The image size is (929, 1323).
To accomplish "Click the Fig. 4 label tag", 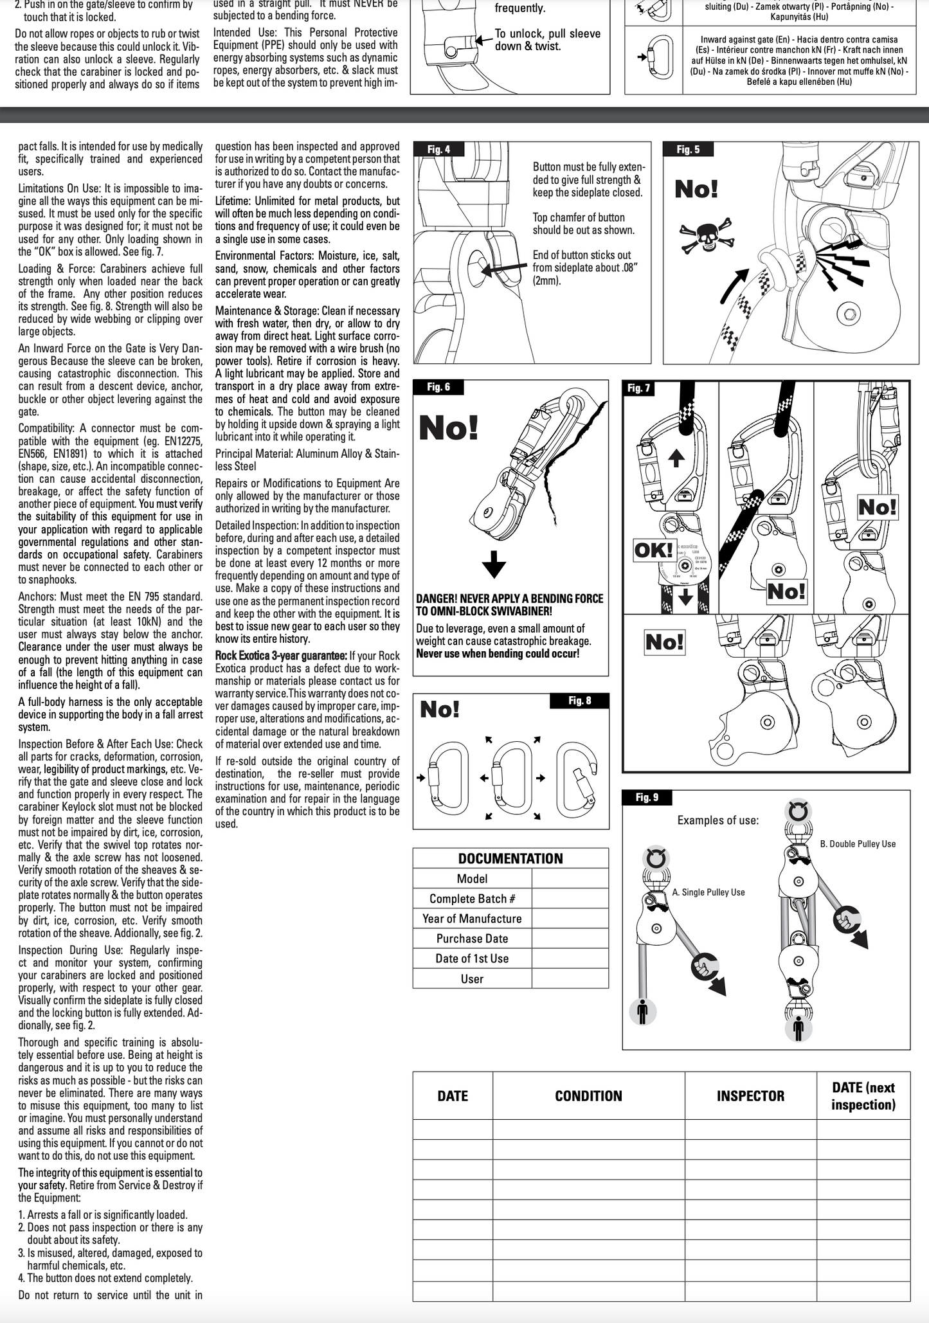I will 439,150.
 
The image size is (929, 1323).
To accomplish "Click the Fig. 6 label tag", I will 439,387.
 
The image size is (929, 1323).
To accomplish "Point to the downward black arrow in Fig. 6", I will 494,564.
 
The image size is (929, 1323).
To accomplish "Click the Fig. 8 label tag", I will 579,701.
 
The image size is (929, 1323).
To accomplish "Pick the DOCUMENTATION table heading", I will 510,859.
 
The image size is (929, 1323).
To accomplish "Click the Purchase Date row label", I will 472,939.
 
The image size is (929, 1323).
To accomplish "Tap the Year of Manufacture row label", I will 472,919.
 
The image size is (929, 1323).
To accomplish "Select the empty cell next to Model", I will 570,879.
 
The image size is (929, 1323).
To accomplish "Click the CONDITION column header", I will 588,1096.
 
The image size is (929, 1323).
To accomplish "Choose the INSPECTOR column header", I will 750,1096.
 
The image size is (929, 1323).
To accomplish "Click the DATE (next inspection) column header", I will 863,1096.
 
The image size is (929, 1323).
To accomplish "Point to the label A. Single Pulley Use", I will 708,892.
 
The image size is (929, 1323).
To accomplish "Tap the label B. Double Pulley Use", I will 858,844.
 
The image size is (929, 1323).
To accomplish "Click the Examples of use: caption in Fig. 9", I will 717,820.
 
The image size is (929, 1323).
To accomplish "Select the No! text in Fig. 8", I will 440,710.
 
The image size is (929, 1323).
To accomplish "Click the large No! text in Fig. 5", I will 696,190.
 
